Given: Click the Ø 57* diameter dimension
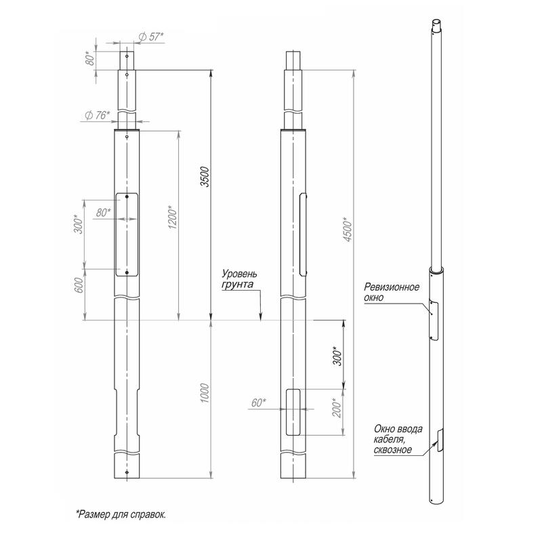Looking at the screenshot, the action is [x=150, y=37].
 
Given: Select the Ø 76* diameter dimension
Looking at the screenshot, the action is [x=97, y=115].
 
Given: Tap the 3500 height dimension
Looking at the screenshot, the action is [x=205, y=177].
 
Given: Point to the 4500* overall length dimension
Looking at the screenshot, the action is [x=348, y=229].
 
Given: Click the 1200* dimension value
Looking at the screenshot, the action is [x=172, y=217].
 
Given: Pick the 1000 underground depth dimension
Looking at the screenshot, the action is [x=205, y=393].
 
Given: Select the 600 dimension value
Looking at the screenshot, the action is [x=79, y=285].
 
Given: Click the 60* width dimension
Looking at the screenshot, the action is [x=259, y=402].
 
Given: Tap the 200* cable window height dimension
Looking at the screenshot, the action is [x=337, y=408].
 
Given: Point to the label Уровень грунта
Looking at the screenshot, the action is [x=239, y=279].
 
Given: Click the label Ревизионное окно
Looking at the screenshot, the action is [x=392, y=292].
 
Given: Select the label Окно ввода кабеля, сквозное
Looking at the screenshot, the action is [x=398, y=439].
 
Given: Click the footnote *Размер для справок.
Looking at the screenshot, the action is [x=121, y=514].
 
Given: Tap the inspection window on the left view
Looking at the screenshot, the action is [x=127, y=234].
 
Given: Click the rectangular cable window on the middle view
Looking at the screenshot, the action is [x=293, y=412].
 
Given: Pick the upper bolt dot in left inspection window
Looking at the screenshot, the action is [x=127, y=196].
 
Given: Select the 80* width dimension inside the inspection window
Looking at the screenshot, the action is [x=103, y=213].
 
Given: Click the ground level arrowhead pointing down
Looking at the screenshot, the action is [x=261, y=316].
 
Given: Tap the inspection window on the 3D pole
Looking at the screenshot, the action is [x=434, y=320].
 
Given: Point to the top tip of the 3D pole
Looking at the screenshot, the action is [x=437, y=20].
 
